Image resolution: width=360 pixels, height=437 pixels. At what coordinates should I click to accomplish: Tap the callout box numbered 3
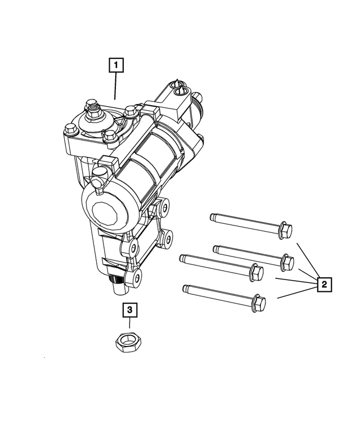click(129, 309)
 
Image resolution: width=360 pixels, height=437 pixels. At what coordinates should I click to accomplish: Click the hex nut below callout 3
click(129, 341)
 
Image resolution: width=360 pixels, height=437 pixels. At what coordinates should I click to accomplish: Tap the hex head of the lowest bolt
click(258, 302)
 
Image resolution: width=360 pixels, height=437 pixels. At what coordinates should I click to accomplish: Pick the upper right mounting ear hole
click(164, 209)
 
